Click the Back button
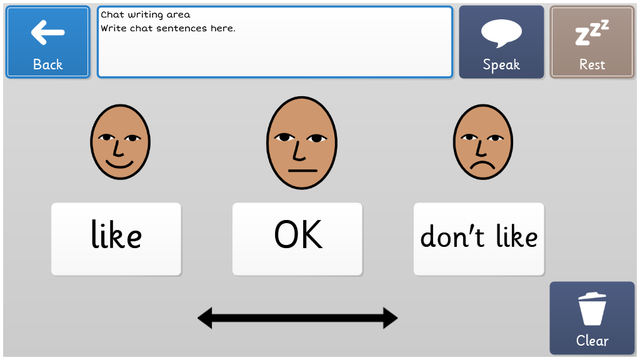click(x=47, y=42)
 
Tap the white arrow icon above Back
click(x=47, y=32)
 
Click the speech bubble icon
click(x=501, y=34)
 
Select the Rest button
click(x=592, y=42)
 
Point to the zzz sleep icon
click(x=592, y=32)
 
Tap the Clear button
click(x=592, y=318)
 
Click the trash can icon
click(x=592, y=309)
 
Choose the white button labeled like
click(x=116, y=239)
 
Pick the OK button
click(x=297, y=239)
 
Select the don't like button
click(x=479, y=239)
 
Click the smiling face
click(x=121, y=142)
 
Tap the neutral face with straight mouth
click(x=302, y=143)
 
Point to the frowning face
click(x=483, y=142)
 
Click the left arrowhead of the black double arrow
click(x=205, y=318)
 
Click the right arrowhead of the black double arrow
click(x=391, y=318)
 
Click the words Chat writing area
click(x=145, y=15)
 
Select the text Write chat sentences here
click(x=167, y=29)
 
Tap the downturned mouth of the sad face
click(x=482, y=165)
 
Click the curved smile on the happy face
click(x=119, y=164)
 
